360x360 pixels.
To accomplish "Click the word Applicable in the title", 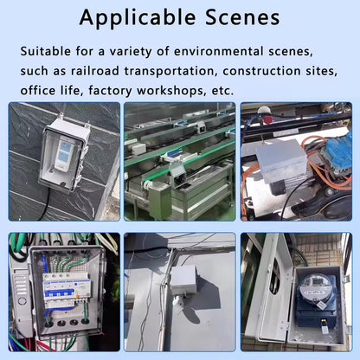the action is (x=138, y=18).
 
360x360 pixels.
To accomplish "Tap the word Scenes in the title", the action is (x=242, y=17).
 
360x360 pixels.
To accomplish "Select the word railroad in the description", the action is (x=95, y=71).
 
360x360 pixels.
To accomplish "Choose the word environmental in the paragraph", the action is (x=219, y=51).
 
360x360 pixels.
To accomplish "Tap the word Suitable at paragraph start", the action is (x=45, y=51).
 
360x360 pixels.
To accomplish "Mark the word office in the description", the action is (x=38, y=90).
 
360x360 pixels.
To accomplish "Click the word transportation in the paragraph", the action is (x=170, y=72).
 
